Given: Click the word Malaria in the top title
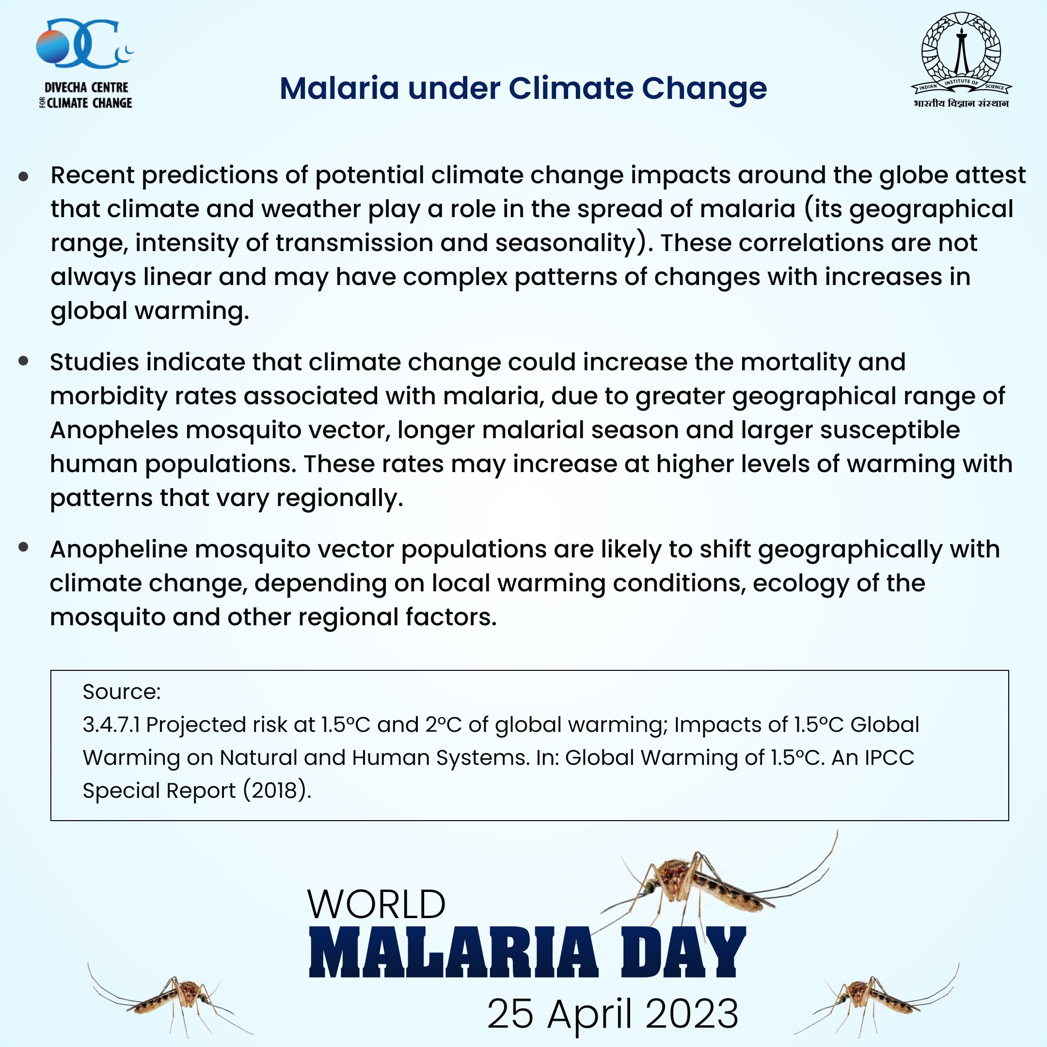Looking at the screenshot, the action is tap(340, 88).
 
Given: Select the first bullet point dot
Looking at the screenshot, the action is tap(23, 176).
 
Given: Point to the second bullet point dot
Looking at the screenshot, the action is tap(23, 361).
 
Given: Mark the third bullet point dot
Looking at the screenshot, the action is tap(23, 547).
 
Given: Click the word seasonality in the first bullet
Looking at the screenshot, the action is tap(565, 243).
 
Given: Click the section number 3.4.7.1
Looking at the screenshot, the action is tap(111, 725).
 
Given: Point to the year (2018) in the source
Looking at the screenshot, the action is tap(276, 791).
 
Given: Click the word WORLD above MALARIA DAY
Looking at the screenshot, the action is tap(376, 904).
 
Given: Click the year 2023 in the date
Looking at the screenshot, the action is tap(692, 1014).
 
